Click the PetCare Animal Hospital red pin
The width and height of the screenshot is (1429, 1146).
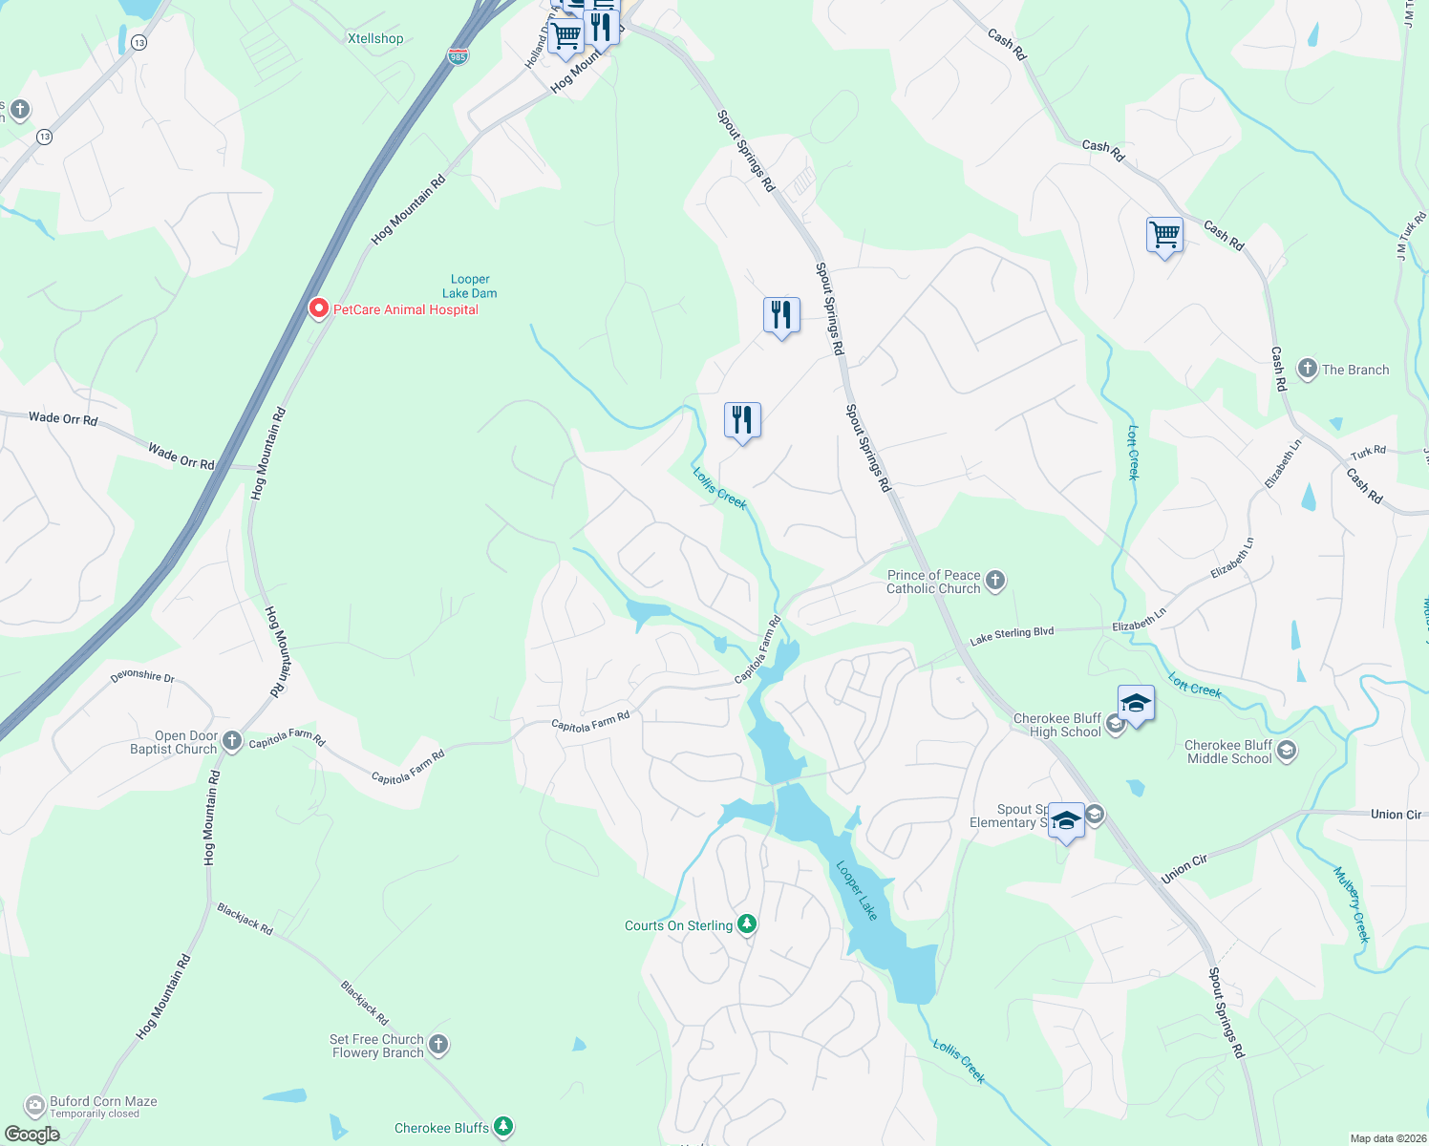coord(319,308)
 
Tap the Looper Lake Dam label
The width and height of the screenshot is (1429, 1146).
coord(470,286)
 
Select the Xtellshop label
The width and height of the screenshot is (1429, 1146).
coord(375,39)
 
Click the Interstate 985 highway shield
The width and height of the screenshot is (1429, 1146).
coord(458,56)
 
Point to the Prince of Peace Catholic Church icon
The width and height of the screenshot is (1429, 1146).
coord(995,581)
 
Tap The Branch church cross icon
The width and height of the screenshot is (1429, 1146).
coord(1307,369)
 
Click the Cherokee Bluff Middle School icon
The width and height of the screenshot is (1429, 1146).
coord(1286,751)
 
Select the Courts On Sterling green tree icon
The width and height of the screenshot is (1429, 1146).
coord(747,924)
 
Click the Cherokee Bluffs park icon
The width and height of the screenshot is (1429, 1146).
coord(503,1127)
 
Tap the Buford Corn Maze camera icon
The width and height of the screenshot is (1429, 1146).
coord(35,1106)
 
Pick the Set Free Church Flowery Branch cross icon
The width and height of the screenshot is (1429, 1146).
coord(438,1045)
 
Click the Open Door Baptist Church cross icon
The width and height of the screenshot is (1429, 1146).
coord(231,741)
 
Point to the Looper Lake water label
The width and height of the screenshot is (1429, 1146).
coord(857,891)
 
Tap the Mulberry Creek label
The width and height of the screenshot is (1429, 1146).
coord(1352,904)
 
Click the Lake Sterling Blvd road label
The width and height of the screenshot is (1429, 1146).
coord(1012,635)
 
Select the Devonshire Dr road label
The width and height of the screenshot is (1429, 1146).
coord(142,676)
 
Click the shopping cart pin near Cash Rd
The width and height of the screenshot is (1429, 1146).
coord(1164,235)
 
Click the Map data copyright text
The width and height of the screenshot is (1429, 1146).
coord(1384,1138)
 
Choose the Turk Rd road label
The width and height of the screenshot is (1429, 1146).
coord(1368,452)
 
